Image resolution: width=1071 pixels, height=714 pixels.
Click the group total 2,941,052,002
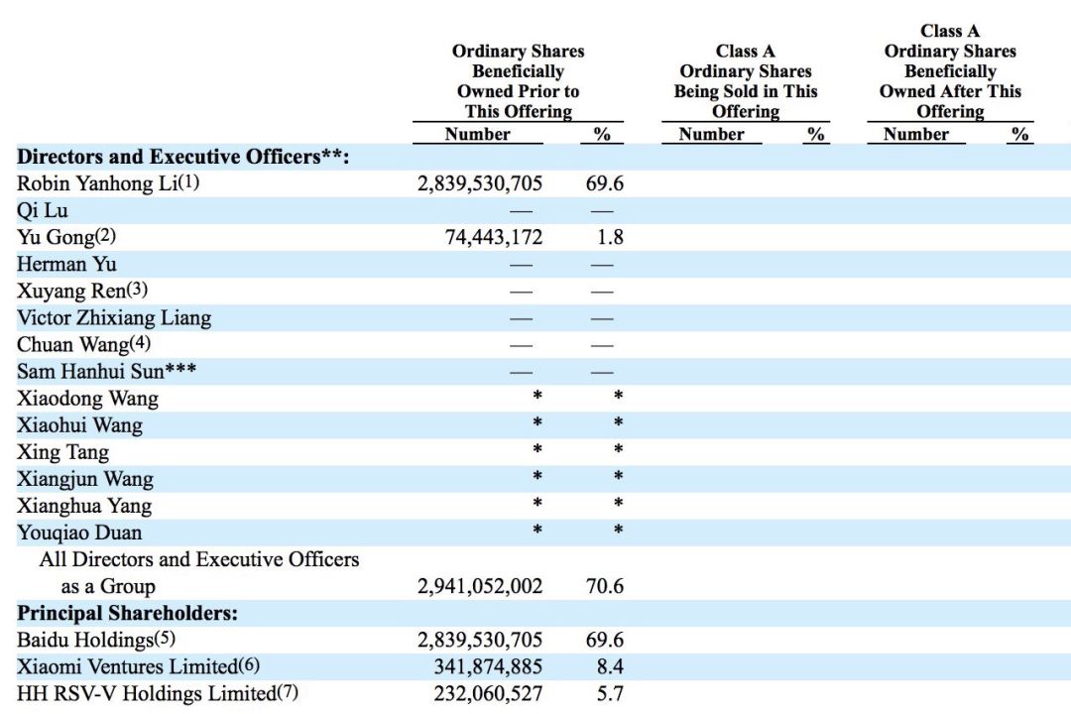(x=480, y=586)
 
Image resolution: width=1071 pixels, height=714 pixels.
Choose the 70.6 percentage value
(x=605, y=586)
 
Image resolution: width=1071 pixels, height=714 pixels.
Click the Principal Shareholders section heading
(x=128, y=613)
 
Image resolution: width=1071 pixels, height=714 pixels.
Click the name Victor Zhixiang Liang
(x=114, y=318)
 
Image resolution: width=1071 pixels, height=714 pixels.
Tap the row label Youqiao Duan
(x=79, y=533)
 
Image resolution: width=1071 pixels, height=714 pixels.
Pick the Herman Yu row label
(x=66, y=265)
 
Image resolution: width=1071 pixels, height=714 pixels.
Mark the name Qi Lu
(x=43, y=210)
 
